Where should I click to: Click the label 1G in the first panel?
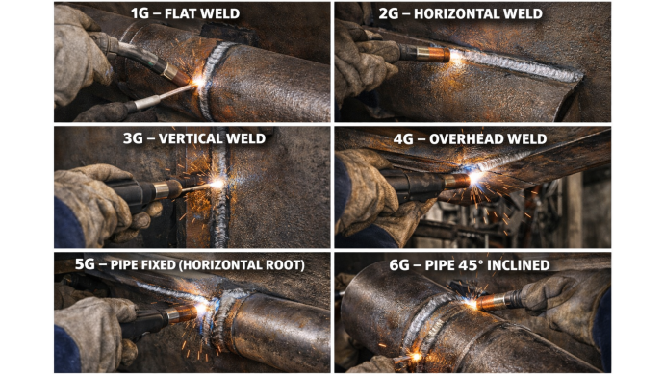coord(140,13)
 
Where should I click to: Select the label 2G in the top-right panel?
coord(389,13)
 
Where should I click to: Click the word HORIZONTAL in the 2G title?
coord(459,14)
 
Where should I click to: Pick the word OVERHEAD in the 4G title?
coord(464,139)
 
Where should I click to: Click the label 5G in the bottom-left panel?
coord(85,264)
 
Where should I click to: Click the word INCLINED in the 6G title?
coord(519,265)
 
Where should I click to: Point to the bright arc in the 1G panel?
coord(198,82)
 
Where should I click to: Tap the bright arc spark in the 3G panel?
coord(217,184)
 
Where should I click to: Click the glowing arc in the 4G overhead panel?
coord(475,177)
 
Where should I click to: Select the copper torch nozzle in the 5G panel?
coord(183,314)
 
